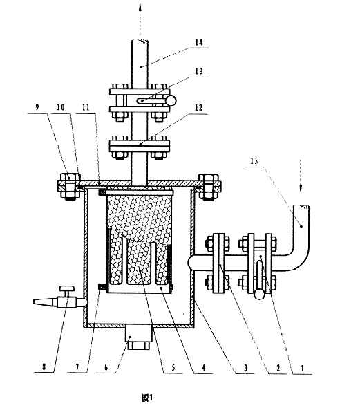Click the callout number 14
(199, 42)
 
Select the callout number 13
(199, 71)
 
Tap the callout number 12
(198, 108)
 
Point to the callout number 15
(254, 161)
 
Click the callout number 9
(37, 107)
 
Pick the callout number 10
(61, 107)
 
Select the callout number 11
(86, 107)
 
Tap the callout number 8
(44, 367)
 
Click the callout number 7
(77, 367)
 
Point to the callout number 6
(106, 367)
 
